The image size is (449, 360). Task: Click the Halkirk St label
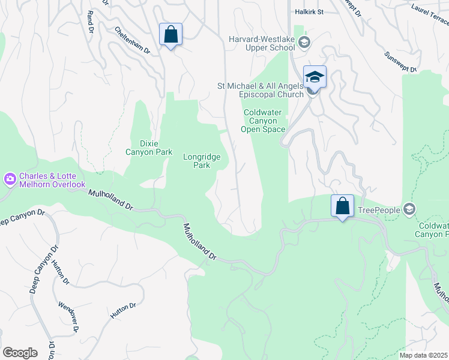(309, 11)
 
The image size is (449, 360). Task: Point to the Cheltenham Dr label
(131, 41)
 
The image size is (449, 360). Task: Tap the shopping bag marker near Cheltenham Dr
(170, 35)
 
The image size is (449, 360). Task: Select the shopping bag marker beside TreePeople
(342, 206)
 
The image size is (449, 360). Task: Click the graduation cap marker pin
(314, 77)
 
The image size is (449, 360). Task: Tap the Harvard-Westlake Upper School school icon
(304, 41)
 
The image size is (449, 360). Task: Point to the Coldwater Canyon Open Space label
(264, 121)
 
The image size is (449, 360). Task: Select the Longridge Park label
(201, 161)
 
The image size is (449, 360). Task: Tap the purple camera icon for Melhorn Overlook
(10, 179)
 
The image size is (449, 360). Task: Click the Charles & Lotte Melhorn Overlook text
(52, 181)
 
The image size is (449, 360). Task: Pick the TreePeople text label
(379, 210)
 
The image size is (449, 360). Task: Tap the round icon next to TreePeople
(409, 209)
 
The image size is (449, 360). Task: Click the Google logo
(20, 353)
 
